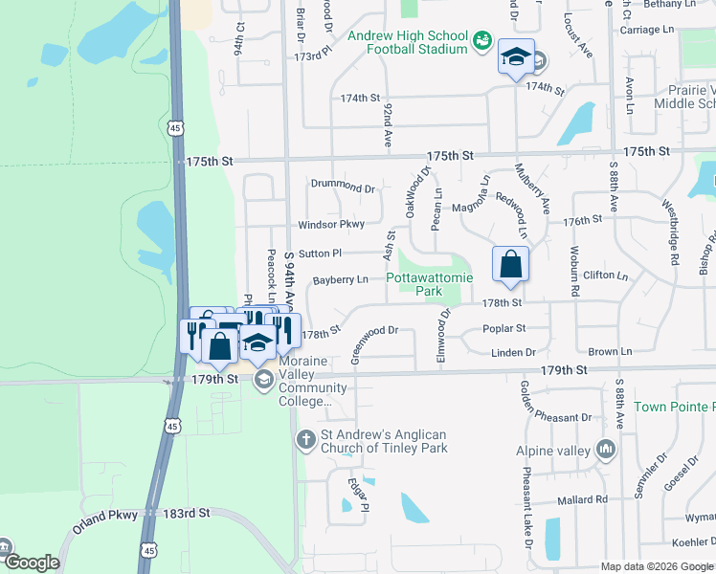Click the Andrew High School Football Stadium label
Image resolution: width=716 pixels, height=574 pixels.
(x=407, y=42)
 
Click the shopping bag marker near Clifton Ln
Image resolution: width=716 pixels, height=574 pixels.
(x=510, y=264)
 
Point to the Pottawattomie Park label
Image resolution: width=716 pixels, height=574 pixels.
(x=430, y=284)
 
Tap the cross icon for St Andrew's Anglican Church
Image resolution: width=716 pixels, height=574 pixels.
(x=305, y=440)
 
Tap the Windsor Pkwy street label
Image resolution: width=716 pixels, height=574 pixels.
(x=331, y=224)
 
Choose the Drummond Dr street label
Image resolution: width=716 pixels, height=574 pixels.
(x=343, y=187)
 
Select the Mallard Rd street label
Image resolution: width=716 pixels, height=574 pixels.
(x=583, y=499)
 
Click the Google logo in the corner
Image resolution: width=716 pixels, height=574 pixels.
(x=32, y=563)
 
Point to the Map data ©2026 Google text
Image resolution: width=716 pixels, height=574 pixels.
(x=656, y=566)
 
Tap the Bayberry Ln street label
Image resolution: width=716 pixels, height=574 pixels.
(x=340, y=280)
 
